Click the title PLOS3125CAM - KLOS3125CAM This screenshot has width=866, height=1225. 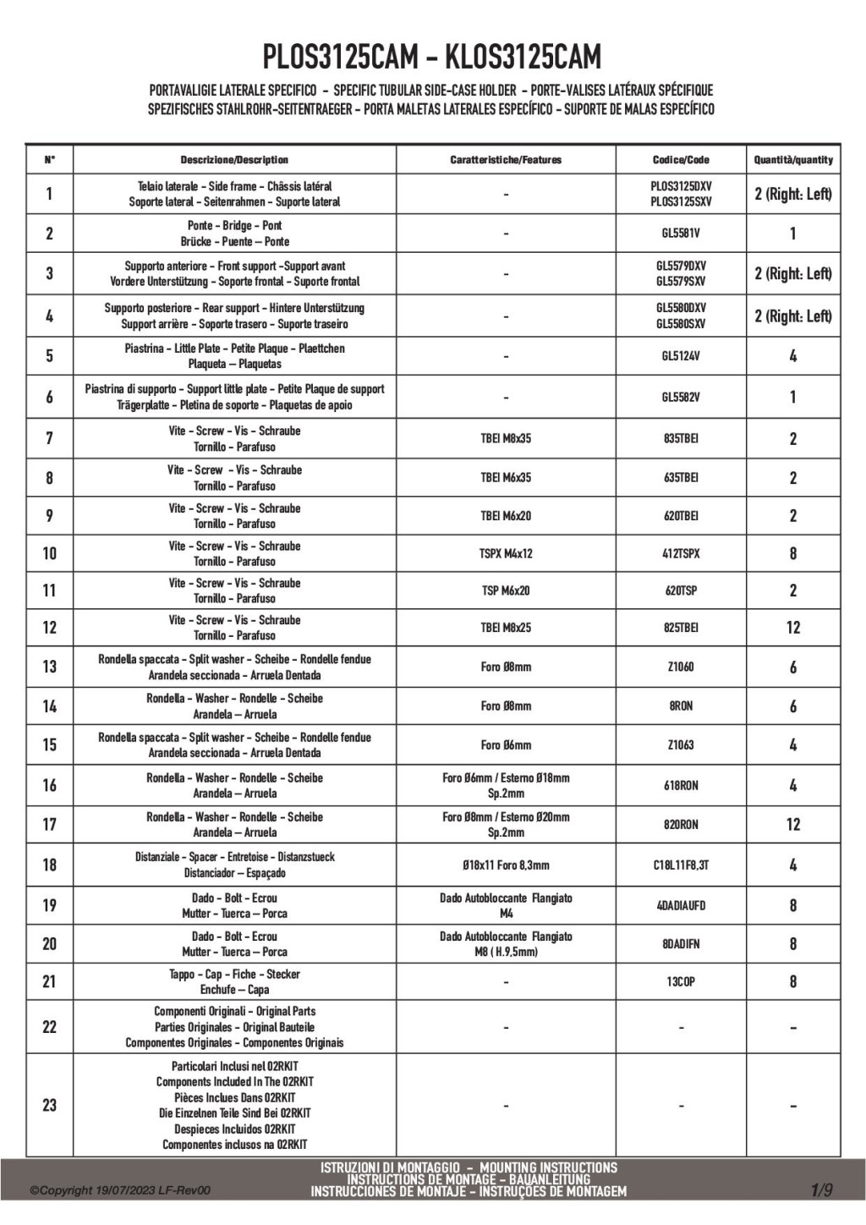[432, 57]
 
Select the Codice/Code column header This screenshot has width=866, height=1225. [681, 160]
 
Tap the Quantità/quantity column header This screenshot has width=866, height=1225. [792, 160]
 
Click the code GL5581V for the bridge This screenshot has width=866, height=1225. [681, 233]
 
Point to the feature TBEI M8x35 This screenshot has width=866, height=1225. [506, 438]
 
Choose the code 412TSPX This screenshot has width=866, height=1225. [681, 553]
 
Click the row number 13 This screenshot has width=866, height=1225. [49, 667]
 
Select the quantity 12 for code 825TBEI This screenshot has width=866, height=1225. [792, 628]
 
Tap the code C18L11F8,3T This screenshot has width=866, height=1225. [681, 865]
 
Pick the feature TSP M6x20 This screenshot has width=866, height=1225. [506, 591]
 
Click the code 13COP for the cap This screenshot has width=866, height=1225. [681, 981]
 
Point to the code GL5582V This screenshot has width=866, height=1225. [681, 397]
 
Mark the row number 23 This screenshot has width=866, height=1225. [49, 1105]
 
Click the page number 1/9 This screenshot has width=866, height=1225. [821, 1190]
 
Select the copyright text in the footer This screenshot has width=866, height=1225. [120, 1191]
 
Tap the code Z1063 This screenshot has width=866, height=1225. [681, 745]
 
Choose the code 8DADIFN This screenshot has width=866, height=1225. [681, 943]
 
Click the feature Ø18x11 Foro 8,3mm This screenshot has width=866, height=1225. [506, 865]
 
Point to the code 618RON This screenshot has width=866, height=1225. [681, 785]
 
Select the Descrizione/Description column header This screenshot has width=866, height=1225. [234, 160]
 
